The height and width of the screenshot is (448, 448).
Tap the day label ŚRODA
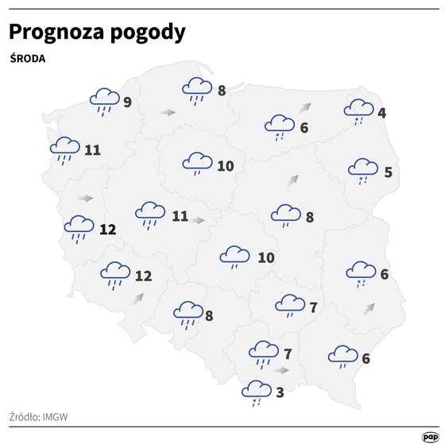[x=28, y=59]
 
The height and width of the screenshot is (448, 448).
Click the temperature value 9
[x=127, y=102]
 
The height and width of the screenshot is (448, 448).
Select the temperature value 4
[x=382, y=113]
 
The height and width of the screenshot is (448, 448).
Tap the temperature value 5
[x=388, y=172]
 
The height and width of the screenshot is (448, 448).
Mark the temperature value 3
[x=280, y=391]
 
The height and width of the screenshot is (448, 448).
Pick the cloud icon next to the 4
[x=360, y=110]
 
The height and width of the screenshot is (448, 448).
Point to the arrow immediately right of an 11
[x=197, y=218]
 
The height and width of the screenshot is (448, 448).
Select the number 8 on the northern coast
[x=222, y=91]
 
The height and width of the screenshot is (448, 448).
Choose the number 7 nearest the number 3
[x=287, y=353]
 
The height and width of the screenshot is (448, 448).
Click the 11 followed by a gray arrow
[x=180, y=215]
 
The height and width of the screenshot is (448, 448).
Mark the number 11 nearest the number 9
[x=92, y=149]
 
